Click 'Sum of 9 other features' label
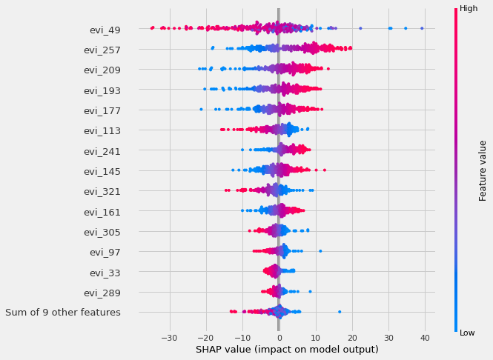(62, 313)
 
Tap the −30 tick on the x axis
(170, 338)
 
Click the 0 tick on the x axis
(279, 338)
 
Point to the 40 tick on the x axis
(425, 338)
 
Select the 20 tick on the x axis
(352, 338)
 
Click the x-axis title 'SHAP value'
(287, 350)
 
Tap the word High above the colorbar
(469, 8)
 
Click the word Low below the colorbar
(467, 333)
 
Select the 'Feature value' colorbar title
(483, 170)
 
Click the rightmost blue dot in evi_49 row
(422, 28)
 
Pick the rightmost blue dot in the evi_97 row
(320, 251)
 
